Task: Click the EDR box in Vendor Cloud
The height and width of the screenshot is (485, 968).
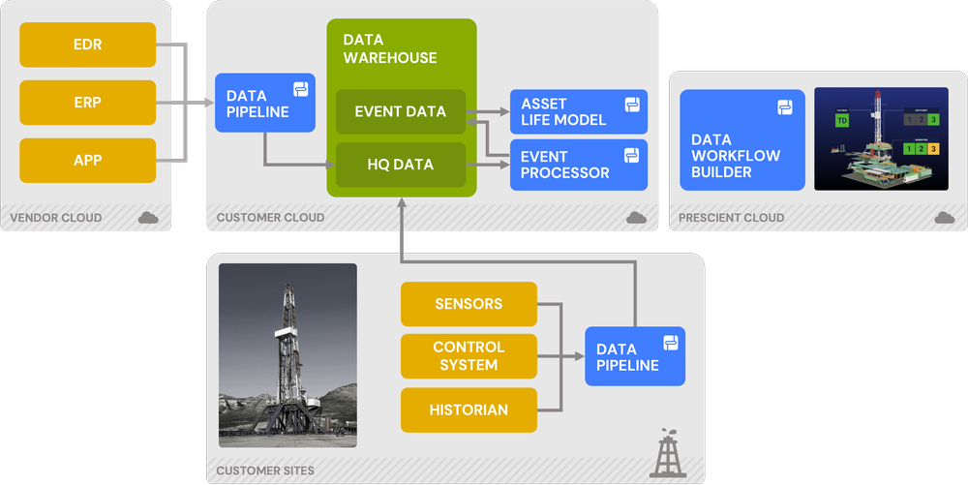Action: [87, 45]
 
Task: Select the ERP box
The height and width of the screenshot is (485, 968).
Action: [87, 103]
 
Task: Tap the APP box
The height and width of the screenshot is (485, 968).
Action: [87, 161]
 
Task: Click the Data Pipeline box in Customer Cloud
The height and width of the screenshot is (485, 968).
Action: [264, 104]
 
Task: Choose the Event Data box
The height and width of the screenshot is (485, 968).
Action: [401, 111]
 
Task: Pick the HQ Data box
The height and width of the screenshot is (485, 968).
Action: [401, 165]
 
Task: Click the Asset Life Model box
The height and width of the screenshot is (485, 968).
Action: [578, 111]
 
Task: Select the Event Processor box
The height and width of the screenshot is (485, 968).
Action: [578, 165]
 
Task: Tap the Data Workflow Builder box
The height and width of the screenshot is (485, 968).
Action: [741, 140]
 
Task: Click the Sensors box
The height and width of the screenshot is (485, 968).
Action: [469, 304]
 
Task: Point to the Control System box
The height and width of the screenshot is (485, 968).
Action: [469, 356]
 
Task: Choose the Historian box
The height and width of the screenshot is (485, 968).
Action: [469, 409]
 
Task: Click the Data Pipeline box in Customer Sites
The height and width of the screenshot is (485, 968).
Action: [634, 356]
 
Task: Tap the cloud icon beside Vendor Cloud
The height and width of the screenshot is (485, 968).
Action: [148, 218]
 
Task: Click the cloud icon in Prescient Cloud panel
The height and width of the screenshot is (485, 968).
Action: [944, 218]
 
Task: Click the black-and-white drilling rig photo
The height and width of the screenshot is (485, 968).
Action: [287, 355]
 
